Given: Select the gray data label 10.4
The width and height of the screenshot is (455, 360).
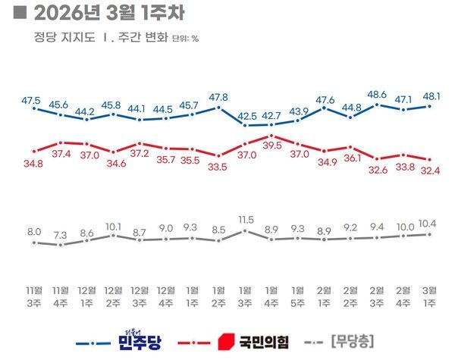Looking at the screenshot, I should (429, 223).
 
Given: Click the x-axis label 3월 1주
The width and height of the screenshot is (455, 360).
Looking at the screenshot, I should (429, 295).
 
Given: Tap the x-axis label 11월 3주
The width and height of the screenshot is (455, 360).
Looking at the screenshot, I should (33, 295).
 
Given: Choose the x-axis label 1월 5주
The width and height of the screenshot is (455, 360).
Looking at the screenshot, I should (297, 295).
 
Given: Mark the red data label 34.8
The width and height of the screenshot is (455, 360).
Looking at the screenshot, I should (33, 163).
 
